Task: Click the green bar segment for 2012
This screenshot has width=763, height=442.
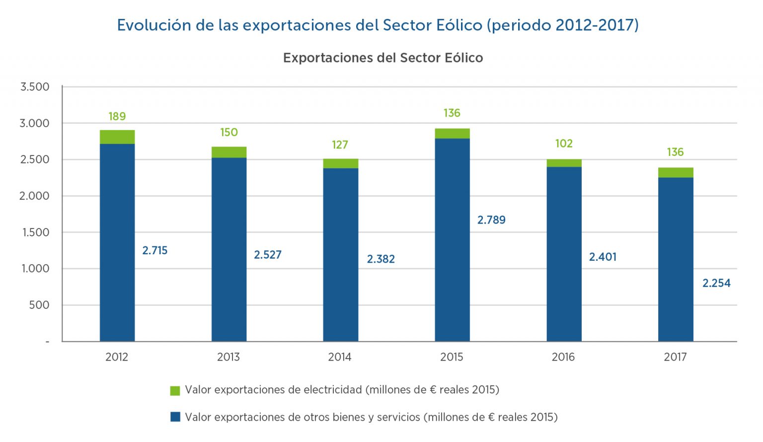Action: pos(117,137)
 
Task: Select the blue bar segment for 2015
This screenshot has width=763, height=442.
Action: pos(452,240)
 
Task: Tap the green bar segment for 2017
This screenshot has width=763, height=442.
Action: pos(676,173)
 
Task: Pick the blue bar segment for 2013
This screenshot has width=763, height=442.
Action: pos(229,249)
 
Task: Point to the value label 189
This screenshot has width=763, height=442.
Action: pos(117,116)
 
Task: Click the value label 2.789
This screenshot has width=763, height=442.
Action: pos(491,220)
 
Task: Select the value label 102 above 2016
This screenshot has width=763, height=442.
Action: pos(564,144)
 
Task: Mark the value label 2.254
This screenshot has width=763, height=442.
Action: pos(716,283)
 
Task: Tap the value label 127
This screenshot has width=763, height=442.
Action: pos(340,145)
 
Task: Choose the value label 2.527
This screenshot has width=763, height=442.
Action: pos(268,255)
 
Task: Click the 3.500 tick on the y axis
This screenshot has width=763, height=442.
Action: pos(35,87)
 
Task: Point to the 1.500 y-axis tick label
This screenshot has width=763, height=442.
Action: pos(36,232)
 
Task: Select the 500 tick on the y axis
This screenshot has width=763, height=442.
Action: pos(39,305)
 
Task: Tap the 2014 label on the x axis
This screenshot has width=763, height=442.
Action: pos(340,357)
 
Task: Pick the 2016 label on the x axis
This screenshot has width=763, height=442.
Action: pos(563,357)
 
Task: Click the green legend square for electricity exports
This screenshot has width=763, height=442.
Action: pos(175,390)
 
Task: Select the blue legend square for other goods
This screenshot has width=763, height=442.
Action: pos(175,417)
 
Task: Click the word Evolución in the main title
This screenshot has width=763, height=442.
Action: pos(153,25)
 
